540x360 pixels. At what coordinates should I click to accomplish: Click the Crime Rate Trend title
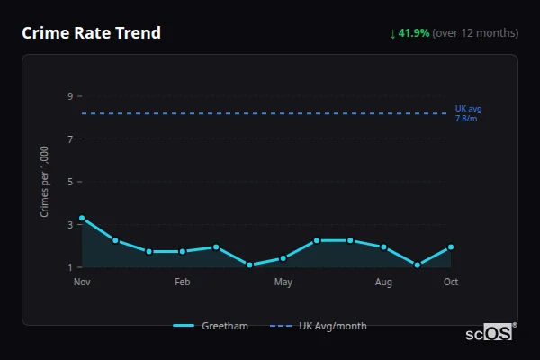91,33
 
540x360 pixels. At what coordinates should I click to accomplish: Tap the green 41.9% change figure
415,33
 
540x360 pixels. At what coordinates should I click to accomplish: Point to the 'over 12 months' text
475,33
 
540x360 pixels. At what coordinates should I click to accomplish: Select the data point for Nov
82,219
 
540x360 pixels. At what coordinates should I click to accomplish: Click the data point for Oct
451,247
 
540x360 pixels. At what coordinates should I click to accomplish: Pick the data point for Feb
183,251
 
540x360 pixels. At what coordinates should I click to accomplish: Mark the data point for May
283,258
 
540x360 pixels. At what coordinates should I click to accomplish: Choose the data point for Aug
383,247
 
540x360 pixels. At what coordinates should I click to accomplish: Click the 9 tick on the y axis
69,96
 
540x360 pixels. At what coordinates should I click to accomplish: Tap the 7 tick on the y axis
69,139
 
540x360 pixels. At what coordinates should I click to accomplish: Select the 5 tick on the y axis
69,182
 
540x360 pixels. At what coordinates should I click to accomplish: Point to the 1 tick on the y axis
69,267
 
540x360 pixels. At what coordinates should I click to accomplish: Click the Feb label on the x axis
183,283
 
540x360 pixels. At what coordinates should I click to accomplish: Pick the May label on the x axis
283,283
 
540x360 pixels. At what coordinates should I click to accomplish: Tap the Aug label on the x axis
383,283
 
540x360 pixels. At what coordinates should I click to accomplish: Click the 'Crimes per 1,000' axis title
45,182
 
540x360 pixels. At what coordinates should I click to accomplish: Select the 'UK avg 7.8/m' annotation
468,113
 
